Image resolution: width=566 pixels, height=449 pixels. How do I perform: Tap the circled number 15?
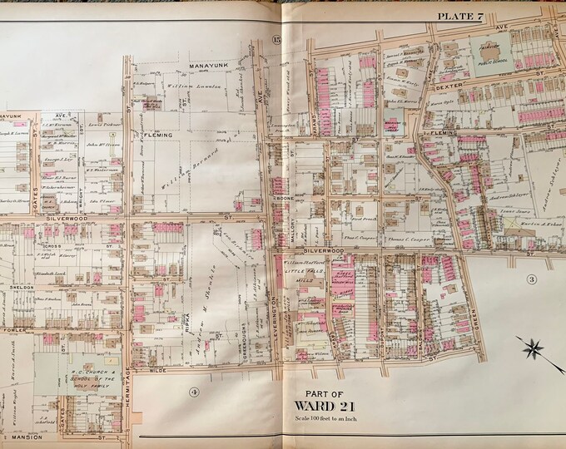[276, 41]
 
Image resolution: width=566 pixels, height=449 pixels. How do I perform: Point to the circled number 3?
[529, 279]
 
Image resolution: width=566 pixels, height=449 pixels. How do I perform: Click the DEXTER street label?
[471, 85]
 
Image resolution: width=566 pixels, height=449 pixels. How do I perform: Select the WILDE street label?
[156, 374]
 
